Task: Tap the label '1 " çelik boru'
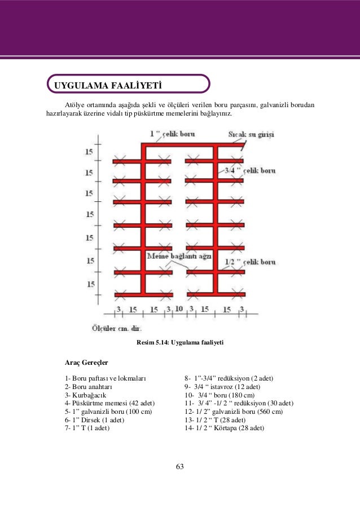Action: coord(173,134)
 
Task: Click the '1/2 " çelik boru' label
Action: coord(249,262)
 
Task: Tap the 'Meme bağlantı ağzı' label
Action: coord(179,257)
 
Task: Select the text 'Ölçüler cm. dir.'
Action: coord(116,328)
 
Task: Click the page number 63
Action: coord(180,466)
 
